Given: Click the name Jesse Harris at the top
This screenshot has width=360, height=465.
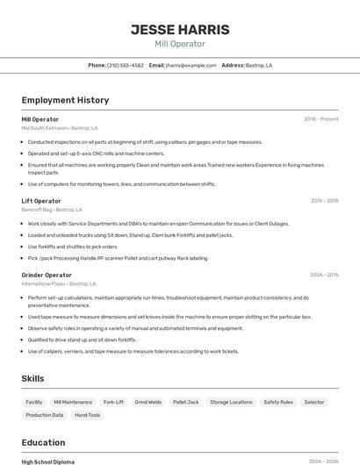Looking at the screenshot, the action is [180, 29].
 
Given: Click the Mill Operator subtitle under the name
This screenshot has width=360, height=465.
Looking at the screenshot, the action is [180, 44].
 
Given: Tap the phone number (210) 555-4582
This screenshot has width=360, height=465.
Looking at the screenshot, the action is [126, 65].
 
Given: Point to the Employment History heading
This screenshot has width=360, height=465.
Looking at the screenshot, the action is [65, 100].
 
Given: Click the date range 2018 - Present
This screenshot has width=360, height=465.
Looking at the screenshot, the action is [321, 118].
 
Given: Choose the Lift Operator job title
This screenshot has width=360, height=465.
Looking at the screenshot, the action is [40, 201].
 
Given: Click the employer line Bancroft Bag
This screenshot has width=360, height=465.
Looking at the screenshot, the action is [52, 210].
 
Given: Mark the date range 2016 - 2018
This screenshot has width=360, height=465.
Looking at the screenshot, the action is [324, 201].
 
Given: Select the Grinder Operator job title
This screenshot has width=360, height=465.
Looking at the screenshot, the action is [47, 275].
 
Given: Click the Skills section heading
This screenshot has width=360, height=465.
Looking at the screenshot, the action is [33, 378].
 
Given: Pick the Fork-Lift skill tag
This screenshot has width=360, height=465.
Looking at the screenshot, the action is [113, 402].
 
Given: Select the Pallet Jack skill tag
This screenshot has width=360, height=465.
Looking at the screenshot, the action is [185, 402].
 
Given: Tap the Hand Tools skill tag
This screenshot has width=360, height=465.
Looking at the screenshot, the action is [87, 415].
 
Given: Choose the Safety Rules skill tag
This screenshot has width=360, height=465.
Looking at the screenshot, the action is [278, 402].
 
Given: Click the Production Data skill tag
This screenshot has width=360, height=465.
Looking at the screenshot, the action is [45, 415].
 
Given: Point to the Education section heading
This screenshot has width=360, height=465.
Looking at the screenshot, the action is [43, 442].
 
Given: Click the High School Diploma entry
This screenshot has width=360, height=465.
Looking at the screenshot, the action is [47, 461].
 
